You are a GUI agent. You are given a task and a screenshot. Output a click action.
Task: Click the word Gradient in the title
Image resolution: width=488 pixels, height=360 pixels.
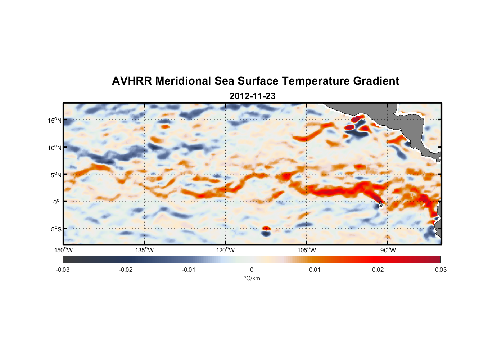pos(376,81)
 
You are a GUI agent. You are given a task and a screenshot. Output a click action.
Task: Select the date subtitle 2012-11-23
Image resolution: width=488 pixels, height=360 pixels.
pos(252,96)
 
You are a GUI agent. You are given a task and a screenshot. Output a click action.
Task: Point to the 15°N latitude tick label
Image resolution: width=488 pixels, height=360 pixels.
pos(55,120)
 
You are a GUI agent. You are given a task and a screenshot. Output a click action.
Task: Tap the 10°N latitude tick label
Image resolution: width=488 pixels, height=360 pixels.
pos(55,148)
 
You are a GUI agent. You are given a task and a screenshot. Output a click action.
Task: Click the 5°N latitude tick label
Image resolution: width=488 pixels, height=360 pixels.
pos(56,175)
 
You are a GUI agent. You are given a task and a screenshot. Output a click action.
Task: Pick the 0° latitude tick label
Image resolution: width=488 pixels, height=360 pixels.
pos(57,202)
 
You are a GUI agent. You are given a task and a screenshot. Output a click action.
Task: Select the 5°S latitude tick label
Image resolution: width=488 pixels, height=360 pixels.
pos(56,229)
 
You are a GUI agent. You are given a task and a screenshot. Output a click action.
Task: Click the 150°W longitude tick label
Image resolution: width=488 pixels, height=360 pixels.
pos(64,250)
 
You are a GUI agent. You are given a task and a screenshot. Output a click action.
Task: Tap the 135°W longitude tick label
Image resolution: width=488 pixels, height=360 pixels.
pos(145,250)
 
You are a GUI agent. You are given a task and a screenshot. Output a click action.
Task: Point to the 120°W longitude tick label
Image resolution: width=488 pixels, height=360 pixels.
pos(226,250)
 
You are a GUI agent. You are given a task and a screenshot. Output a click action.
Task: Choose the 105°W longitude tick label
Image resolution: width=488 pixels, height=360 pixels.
pos(307,250)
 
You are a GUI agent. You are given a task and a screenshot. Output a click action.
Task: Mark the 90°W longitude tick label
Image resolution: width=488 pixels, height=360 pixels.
pos(388,250)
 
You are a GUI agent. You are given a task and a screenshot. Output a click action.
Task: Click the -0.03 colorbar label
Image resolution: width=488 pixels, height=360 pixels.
pos(63,270)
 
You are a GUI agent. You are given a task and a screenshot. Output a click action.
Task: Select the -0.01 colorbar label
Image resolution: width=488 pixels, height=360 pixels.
pos(189,270)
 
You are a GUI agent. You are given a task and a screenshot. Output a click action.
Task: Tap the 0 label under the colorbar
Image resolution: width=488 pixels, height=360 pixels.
pos(252,270)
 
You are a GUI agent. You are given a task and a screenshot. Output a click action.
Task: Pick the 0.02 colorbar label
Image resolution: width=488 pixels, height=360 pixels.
pos(378,270)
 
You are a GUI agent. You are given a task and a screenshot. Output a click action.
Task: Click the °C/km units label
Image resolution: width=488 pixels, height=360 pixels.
pos(252,278)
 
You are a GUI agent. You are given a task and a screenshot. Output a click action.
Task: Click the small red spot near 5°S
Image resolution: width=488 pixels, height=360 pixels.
pos(266,228)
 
